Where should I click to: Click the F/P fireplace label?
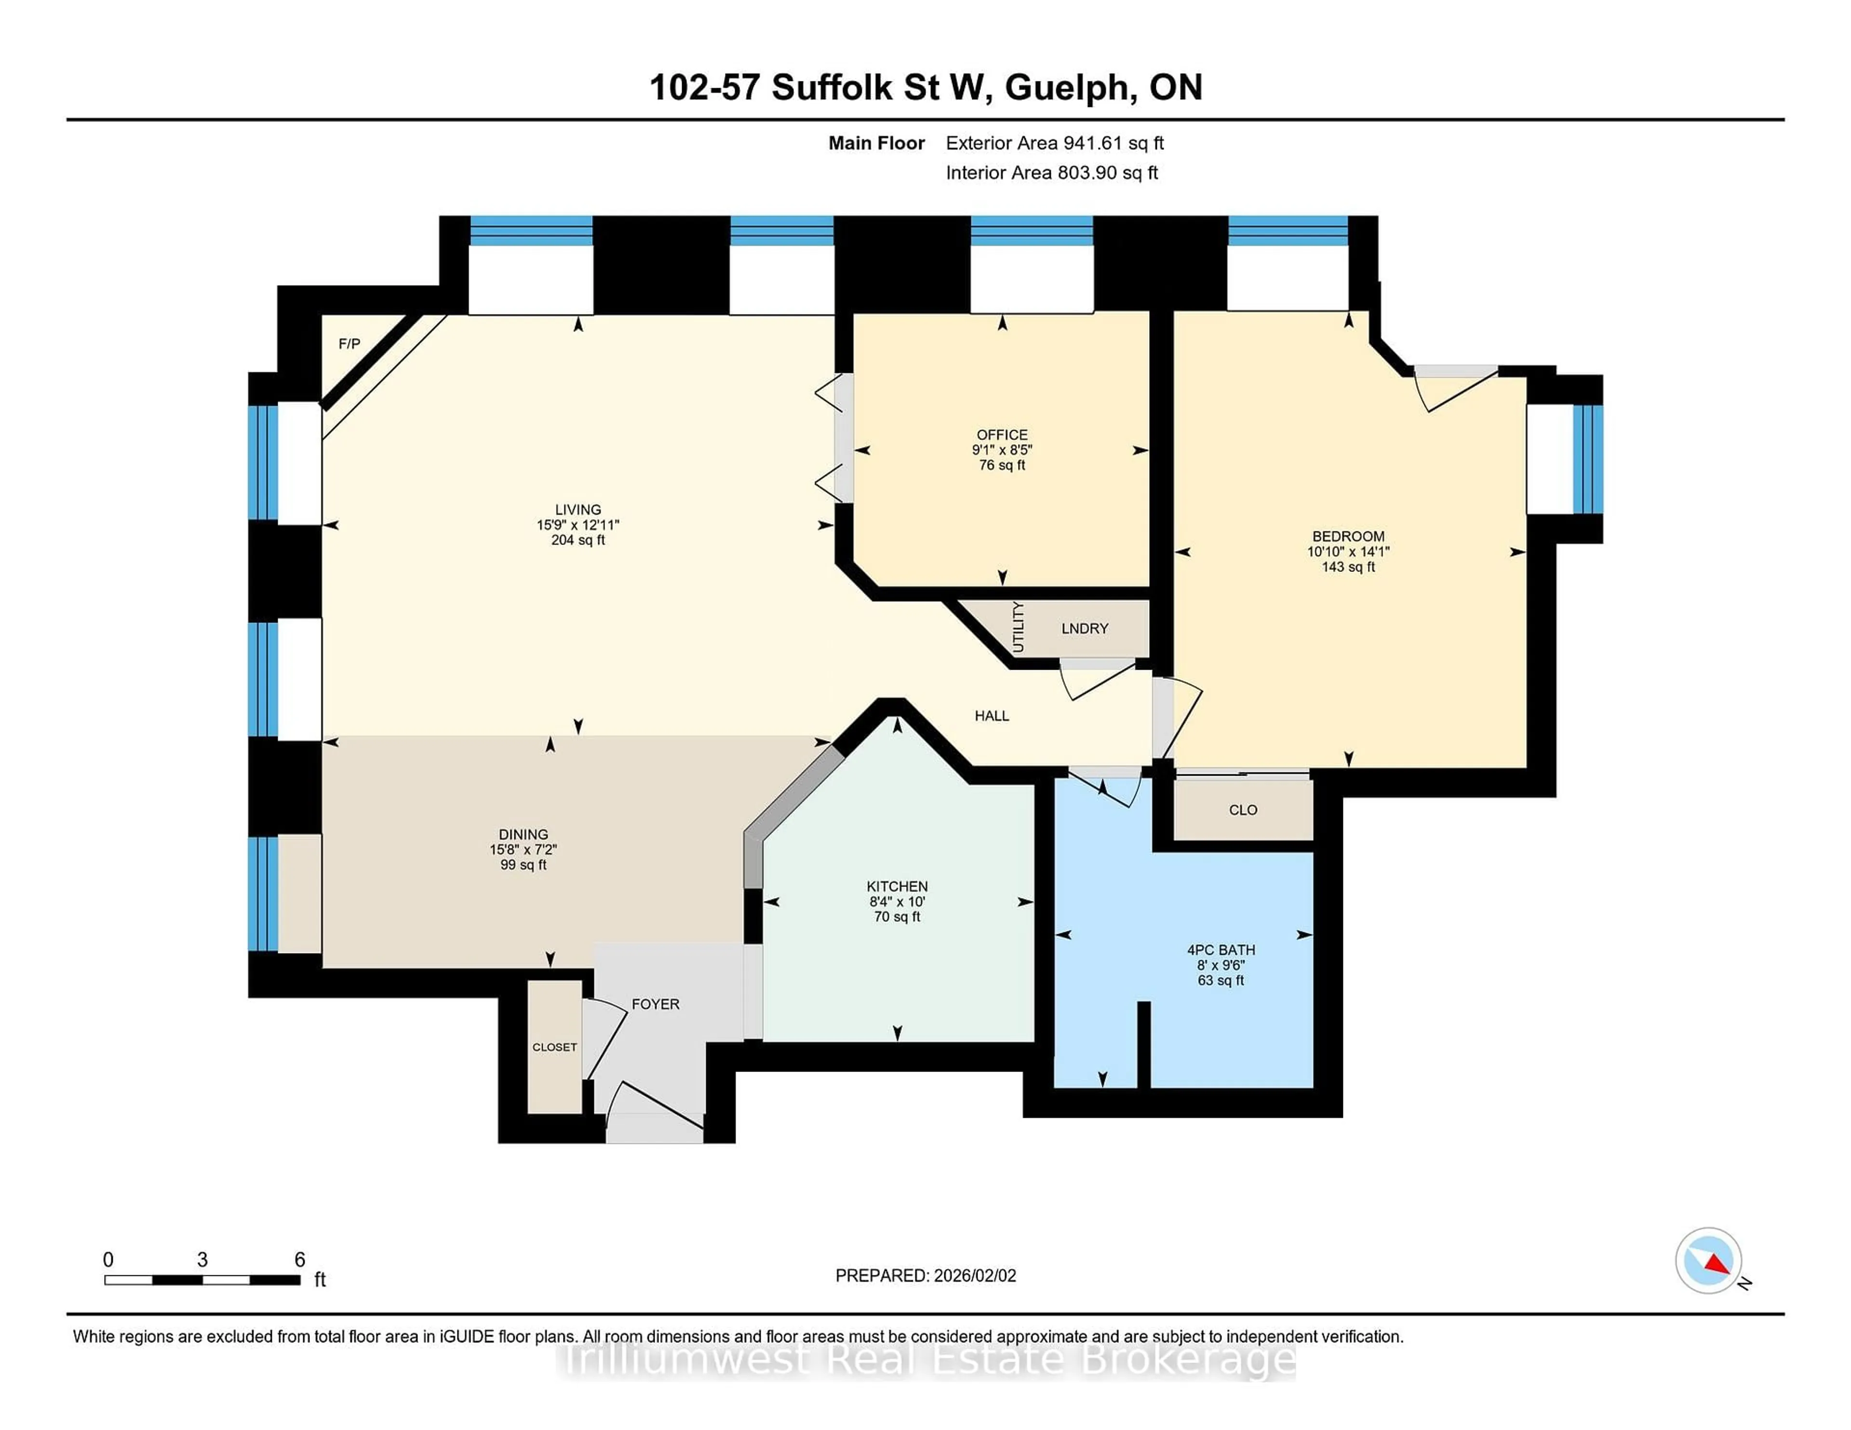pyautogui.click(x=349, y=344)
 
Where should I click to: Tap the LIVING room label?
pyautogui.click(x=578, y=509)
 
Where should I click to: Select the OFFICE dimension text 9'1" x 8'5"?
pyautogui.click(x=1002, y=450)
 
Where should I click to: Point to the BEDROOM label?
pyautogui.click(x=1348, y=536)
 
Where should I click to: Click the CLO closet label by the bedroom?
pyautogui.click(x=1243, y=810)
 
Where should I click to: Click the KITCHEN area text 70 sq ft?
pyautogui.click(x=897, y=916)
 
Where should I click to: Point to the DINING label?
pyautogui.click(x=523, y=834)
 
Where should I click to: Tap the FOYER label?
pyautogui.click(x=655, y=1004)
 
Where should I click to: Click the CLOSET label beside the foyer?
pyautogui.click(x=554, y=1047)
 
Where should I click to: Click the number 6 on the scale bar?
pyautogui.click(x=299, y=1260)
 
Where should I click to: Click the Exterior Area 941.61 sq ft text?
pyautogui.click(x=1054, y=143)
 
